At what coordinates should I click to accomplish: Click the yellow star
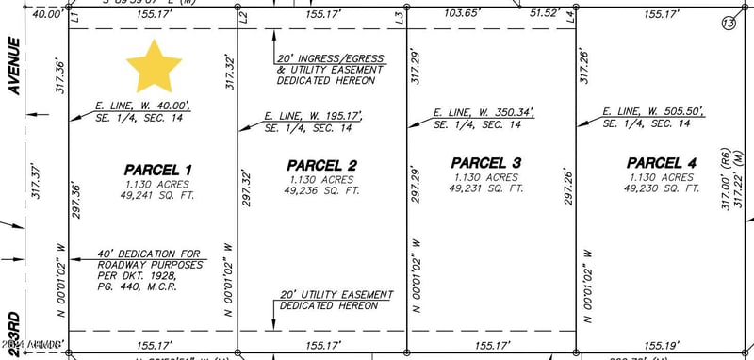click(154, 65)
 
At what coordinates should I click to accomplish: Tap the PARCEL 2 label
click(322, 166)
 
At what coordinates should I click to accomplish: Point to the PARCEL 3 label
click(485, 162)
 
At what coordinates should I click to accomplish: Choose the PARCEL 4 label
click(662, 163)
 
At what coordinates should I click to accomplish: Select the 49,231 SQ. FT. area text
click(486, 188)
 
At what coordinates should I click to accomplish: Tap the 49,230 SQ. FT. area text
click(661, 188)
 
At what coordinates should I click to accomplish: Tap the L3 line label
click(400, 17)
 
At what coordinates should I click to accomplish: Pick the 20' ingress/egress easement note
click(329, 69)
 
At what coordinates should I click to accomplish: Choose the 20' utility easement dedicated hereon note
click(336, 301)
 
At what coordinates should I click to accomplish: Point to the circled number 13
click(728, 23)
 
